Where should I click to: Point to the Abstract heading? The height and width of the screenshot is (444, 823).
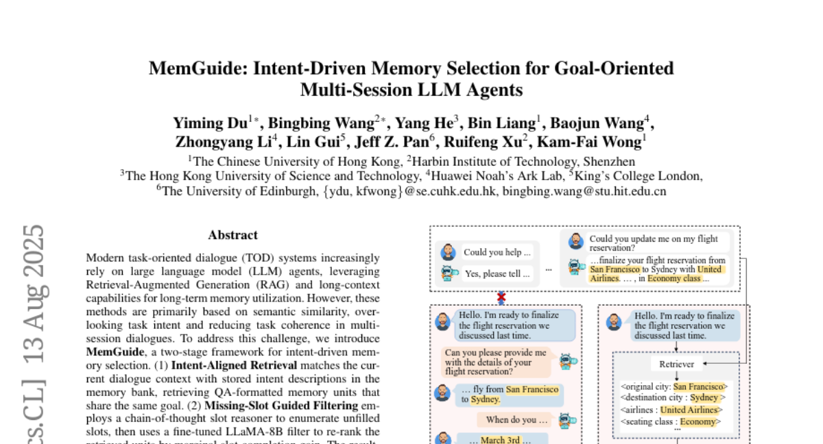[233, 235]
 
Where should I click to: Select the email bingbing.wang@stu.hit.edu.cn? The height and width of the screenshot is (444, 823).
[584, 192]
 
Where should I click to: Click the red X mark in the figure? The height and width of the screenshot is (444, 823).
[501, 297]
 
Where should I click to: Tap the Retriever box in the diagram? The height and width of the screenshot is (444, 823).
[676, 364]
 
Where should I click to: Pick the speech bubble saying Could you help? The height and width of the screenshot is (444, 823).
[497, 252]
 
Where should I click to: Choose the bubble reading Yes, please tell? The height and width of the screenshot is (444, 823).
[497, 274]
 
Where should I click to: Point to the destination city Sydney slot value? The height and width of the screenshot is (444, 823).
[704, 397]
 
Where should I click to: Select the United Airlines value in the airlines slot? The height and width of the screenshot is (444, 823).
[691, 410]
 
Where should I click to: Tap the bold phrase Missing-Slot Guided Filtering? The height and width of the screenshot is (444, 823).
[281, 406]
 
